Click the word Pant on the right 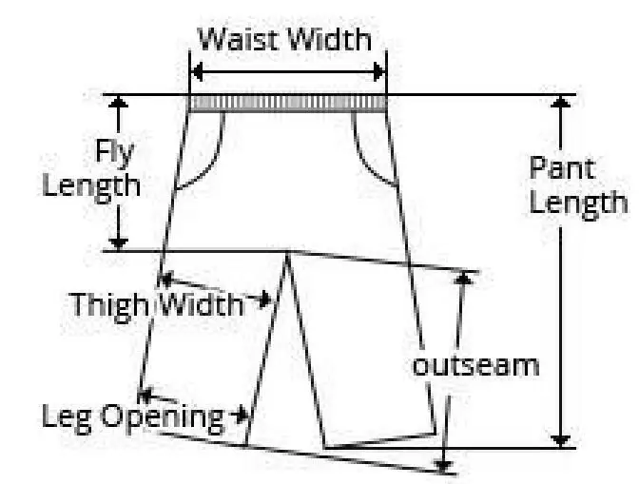tap(562, 169)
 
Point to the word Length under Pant tap(578, 203)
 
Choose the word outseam tap(474, 364)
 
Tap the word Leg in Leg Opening tap(65, 416)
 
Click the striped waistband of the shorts tap(287, 103)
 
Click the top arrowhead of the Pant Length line tap(562, 103)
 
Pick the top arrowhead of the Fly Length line tap(118, 102)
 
